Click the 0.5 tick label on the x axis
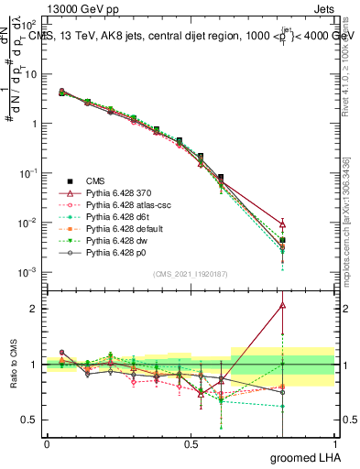191,444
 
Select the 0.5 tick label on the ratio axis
30,420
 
